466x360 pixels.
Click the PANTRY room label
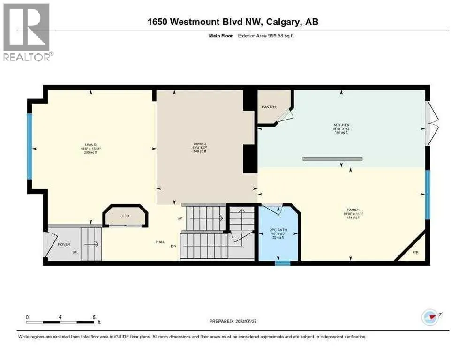pyautogui.click(x=269, y=107)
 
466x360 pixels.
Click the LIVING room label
pyautogui.click(x=90, y=145)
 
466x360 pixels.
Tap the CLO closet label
pyautogui.click(x=125, y=216)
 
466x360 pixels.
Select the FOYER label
pyautogui.click(x=64, y=244)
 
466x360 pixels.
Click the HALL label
pyautogui.click(x=160, y=242)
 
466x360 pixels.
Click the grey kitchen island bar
pyautogui.click(x=332, y=159)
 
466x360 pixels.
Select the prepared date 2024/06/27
pyautogui.click(x=235, y=321)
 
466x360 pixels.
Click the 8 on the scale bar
pyautogui.click(x=94, y=317)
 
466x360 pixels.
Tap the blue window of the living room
pyautogui.click(x=29, y=146)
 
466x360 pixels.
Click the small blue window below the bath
pyautogui.click(x=282, y=263)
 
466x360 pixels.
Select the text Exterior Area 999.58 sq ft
pyautogui.click(x=251, y=35)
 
